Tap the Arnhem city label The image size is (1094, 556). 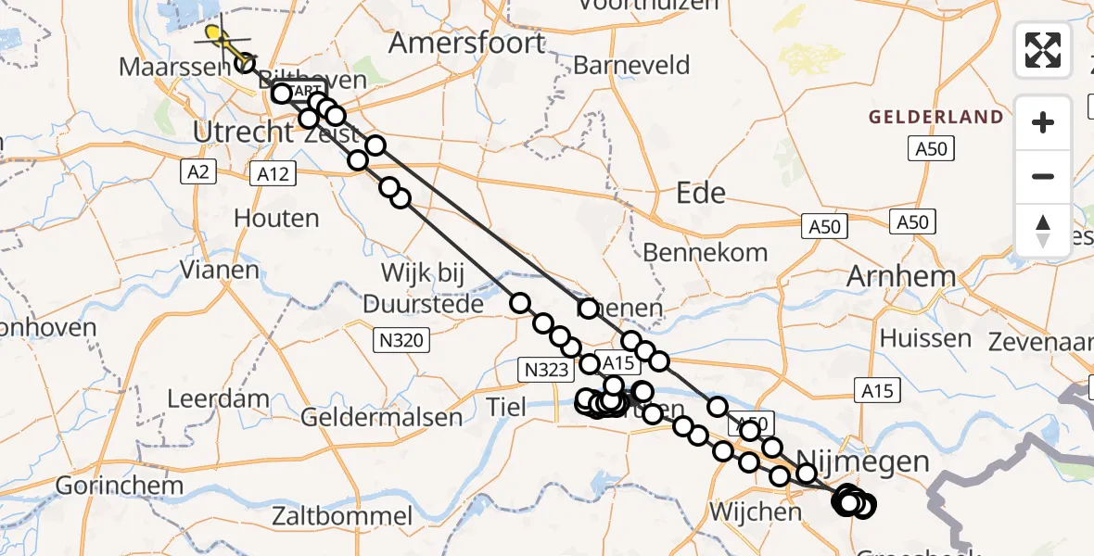(x=901, y=276)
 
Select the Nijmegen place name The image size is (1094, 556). (x=862, y=461)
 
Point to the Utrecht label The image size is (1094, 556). (x=242, y=132)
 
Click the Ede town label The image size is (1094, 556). (x=701, y=193)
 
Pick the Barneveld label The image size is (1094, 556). (x=631, y=65)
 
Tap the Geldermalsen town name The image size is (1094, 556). (x=381, y=417)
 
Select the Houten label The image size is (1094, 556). (x=276, y=219)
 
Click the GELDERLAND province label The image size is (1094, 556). (x=935, y=117)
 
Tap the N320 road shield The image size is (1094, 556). (x=401, y=340)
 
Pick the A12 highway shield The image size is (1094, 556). (x=273, y=172)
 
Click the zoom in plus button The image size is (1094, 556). (x=1043, y=122)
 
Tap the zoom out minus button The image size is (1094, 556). (x=1043, y=176)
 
